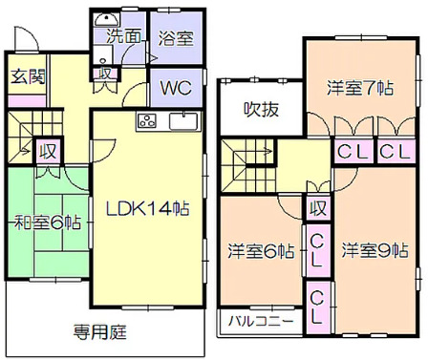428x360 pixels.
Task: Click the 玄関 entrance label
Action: pyautogui.click(x=26, y=76)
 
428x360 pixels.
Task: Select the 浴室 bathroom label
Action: pyautogui.click(x=176, y=38)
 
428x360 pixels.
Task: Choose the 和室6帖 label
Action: pyautogui.click(x=47, y=222)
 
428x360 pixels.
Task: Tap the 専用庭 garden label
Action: pyautogui.click(x=101, y=333)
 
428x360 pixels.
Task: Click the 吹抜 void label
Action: pyautogui.click(x=261, y=109)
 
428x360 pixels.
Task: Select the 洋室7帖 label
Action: pyautogui.click(x=360, y=88)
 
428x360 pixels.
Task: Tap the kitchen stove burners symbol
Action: pyautogui.click(x=148, y=120)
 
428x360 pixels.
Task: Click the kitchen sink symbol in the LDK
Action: pyautogui.click(x=182, y=120)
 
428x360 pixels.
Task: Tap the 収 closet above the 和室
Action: pyautogui.click(x=46, y=151)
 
